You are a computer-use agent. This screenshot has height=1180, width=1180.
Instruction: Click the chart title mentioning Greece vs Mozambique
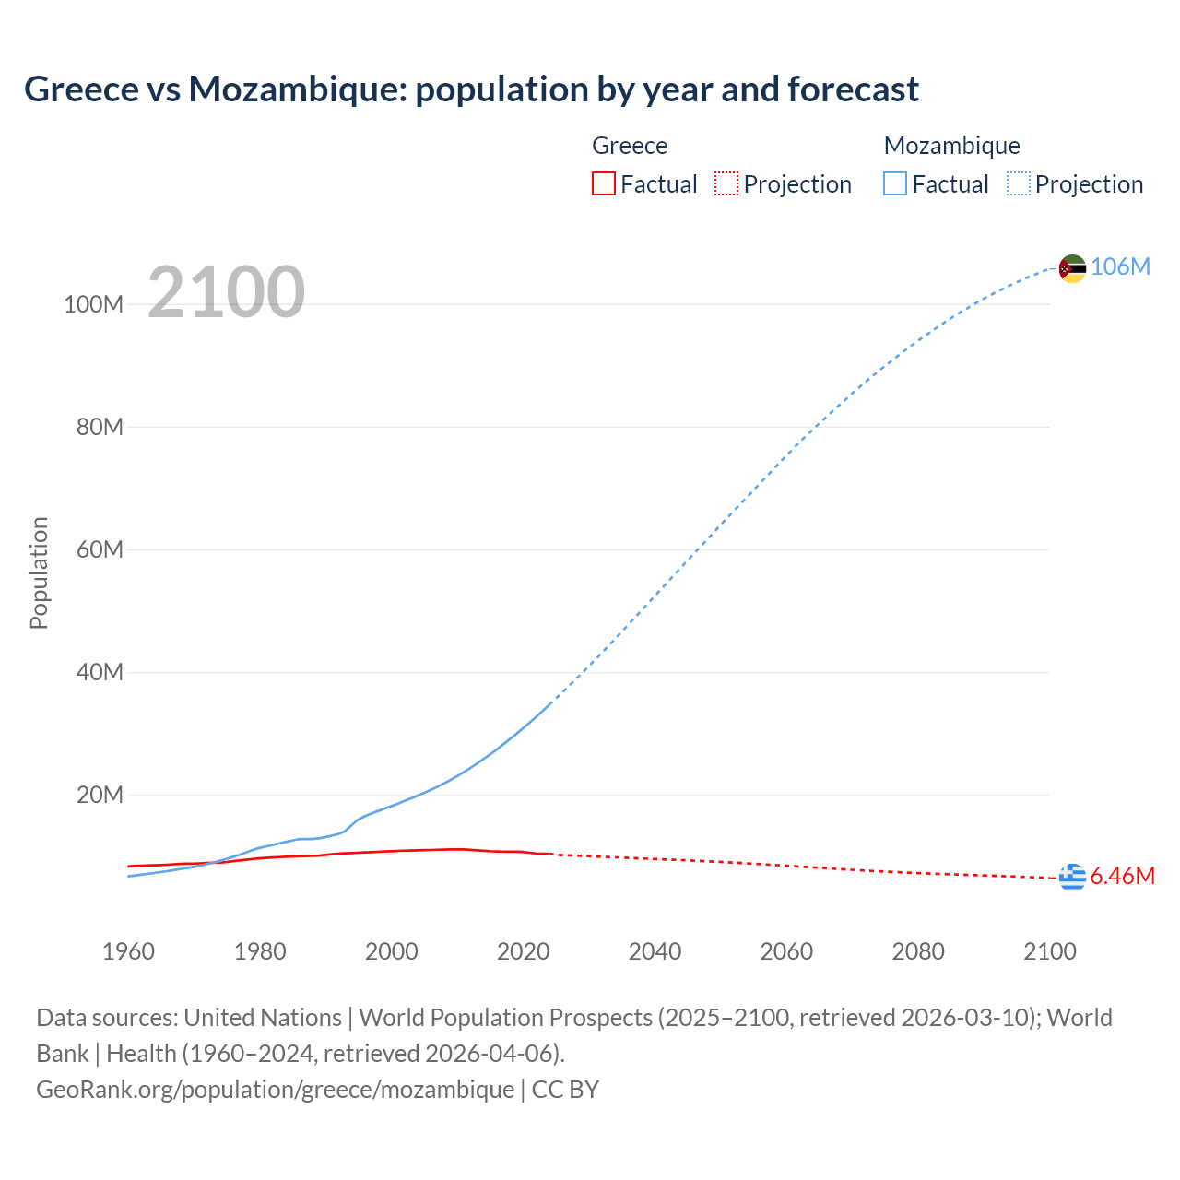click(x=471, y=89)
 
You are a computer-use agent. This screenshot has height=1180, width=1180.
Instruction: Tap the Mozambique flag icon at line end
click(x=1072, y=268)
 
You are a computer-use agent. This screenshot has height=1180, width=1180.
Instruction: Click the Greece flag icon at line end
click(x=1072, y=878)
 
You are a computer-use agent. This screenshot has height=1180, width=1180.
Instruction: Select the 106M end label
click(x=1120, y=266)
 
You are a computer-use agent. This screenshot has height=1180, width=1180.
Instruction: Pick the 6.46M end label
click(x=1122, y=876)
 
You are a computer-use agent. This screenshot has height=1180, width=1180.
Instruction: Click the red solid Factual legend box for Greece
click(x=603, y=184)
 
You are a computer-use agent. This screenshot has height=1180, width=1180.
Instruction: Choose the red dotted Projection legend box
click(x=726, y=184)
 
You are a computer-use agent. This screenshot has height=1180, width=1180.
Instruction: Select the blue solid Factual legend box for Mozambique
click(x=895, y=184)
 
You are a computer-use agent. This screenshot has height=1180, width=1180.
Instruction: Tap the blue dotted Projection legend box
click(x=1019, y=184)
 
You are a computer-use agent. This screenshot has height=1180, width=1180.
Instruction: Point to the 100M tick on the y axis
click(x=93, y=305)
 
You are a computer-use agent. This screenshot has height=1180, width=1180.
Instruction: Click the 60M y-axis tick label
click(x=100, y=550)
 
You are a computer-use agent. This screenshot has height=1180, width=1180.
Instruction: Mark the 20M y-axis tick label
click(x=100, y=796)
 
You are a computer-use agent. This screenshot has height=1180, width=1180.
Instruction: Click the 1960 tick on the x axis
click(x=128, y=951)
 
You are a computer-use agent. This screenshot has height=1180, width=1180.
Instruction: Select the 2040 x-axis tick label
click(x=655, y=951)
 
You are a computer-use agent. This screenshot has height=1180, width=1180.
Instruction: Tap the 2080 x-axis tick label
click(x=918, y=951)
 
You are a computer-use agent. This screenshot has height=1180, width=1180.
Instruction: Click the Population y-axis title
click(x=39, y=572)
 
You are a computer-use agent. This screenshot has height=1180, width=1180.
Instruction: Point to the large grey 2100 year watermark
click(x=226, y=291)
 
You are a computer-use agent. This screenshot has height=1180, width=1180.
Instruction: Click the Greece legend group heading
click(x=630, y=146)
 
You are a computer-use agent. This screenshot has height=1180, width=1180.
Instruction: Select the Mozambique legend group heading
click(x=951, y=146)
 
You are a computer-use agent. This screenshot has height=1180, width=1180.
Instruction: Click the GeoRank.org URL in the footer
click(x=275, y=1090)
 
